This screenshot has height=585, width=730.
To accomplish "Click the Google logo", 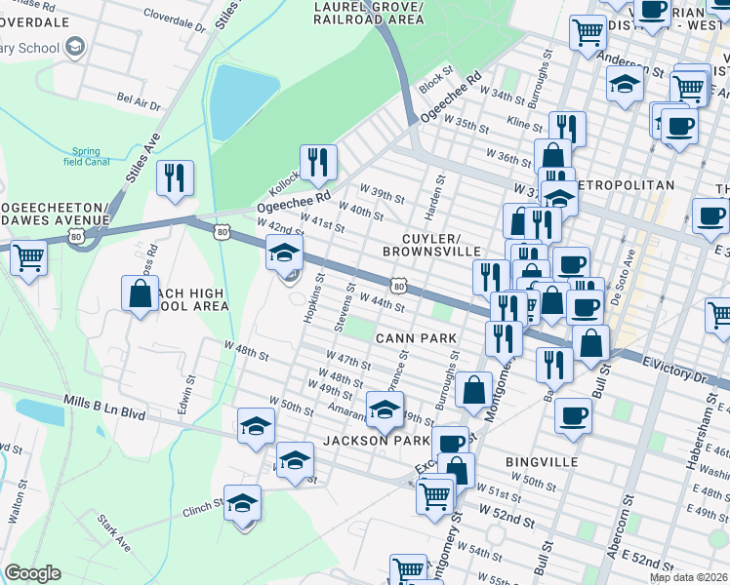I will (x=32, y=573).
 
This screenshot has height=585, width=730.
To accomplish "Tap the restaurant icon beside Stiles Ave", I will (x=175, y=178).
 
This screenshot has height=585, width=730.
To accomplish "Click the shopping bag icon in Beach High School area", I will (x=141, y=294).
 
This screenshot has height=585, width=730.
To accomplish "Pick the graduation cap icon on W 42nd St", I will (x=284, y=254).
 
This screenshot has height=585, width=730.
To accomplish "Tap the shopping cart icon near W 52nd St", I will (x=435, y=494).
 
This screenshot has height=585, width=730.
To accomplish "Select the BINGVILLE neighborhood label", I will (x=542, y=460).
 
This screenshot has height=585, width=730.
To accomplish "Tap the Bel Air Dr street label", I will (x=139, y=98).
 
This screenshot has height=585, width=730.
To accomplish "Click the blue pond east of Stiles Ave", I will (x=231, y=101).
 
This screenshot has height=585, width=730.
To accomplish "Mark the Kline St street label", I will (x=524, y=122).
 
